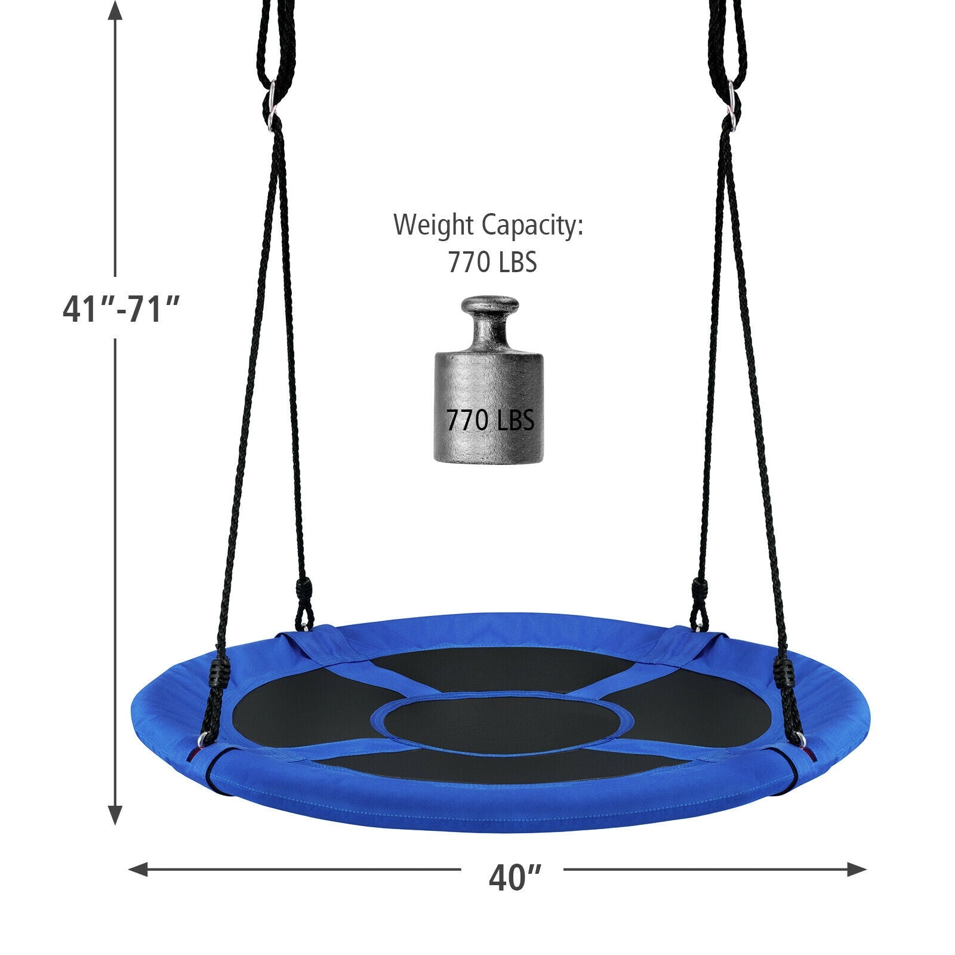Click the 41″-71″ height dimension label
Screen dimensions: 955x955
[121, 310]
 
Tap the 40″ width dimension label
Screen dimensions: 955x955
[515, 877]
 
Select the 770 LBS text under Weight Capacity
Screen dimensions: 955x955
[492, 262]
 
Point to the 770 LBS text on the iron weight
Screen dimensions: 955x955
[490, 421]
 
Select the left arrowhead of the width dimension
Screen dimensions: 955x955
[139, 870]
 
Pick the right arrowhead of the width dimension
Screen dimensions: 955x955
[855, 870]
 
